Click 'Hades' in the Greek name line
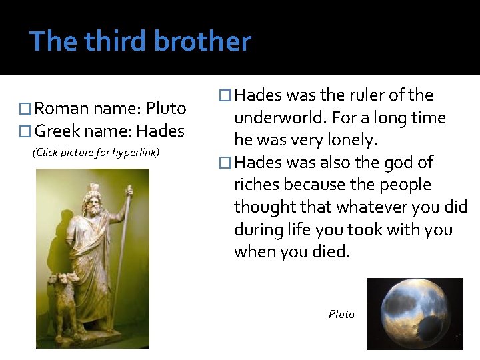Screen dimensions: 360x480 (x=160, y=131)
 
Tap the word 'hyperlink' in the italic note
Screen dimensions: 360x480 (x=135, y=153)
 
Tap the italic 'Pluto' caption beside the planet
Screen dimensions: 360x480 (x=341, y=314)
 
